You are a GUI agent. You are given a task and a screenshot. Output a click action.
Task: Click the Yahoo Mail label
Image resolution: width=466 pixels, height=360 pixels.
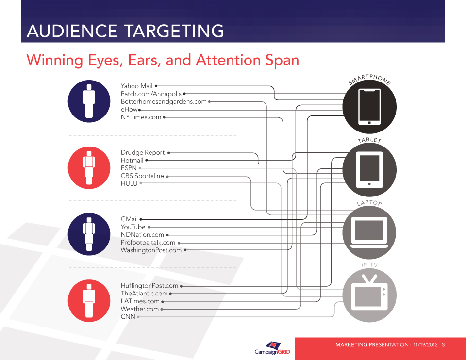point(136,86)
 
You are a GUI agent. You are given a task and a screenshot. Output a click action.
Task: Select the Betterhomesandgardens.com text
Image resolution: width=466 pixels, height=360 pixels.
point(164,101)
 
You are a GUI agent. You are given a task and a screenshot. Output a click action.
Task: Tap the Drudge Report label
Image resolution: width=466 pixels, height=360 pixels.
point(143,153)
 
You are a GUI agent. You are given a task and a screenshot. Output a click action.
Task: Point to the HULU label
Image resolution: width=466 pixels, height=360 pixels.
point(129,183)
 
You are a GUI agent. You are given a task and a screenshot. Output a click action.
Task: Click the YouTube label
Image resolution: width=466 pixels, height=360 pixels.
point(133,227)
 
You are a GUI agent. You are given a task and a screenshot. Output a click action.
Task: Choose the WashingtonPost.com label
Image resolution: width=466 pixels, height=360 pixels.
point(151,250)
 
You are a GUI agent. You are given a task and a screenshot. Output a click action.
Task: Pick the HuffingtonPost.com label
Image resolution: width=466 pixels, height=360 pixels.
point(149,286)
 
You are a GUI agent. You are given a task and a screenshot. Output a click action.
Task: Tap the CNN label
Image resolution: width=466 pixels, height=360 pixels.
point(128,317)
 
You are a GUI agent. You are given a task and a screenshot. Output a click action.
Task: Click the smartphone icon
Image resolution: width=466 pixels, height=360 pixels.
point(369,107)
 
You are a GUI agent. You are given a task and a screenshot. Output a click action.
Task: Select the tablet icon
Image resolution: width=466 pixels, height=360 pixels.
point(369,170)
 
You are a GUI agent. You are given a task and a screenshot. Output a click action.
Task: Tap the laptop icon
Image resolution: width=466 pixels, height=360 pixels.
point(369,233)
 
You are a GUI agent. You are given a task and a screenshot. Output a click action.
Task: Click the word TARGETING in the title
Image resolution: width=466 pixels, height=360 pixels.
point(174,31)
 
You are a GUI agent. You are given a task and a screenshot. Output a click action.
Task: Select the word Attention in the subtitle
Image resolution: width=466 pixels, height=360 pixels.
point(228,60)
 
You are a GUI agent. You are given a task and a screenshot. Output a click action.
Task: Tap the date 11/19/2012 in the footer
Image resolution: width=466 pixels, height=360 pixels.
point(425,345)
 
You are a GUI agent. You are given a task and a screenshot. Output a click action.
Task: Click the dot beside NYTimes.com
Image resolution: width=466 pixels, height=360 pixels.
point(164,117)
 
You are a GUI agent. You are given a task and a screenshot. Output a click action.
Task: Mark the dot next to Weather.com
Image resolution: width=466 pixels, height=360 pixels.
point(162,309)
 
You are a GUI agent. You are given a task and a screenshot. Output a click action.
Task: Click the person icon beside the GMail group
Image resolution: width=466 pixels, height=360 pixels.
point(89,234)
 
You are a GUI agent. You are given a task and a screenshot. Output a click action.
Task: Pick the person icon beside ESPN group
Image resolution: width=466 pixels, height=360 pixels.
point(89,167)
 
